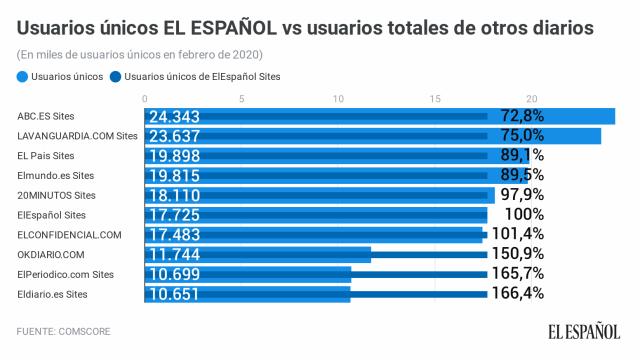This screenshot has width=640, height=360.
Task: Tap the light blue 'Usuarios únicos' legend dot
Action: click(x=22, y=75)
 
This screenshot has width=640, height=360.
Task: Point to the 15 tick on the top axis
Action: click(x=435, y=98)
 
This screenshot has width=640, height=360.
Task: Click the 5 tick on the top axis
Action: click(x=242, y=98)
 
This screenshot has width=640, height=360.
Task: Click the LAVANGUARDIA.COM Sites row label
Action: click(x=77, y=136)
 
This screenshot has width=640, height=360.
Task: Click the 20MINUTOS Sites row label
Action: click(x=56, y=195)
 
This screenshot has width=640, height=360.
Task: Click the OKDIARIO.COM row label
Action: click(x=58, y=254)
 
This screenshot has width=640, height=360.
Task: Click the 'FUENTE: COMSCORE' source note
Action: click(x=65, y=330)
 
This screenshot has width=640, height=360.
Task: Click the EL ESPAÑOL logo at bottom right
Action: click(x=582, y=331)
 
